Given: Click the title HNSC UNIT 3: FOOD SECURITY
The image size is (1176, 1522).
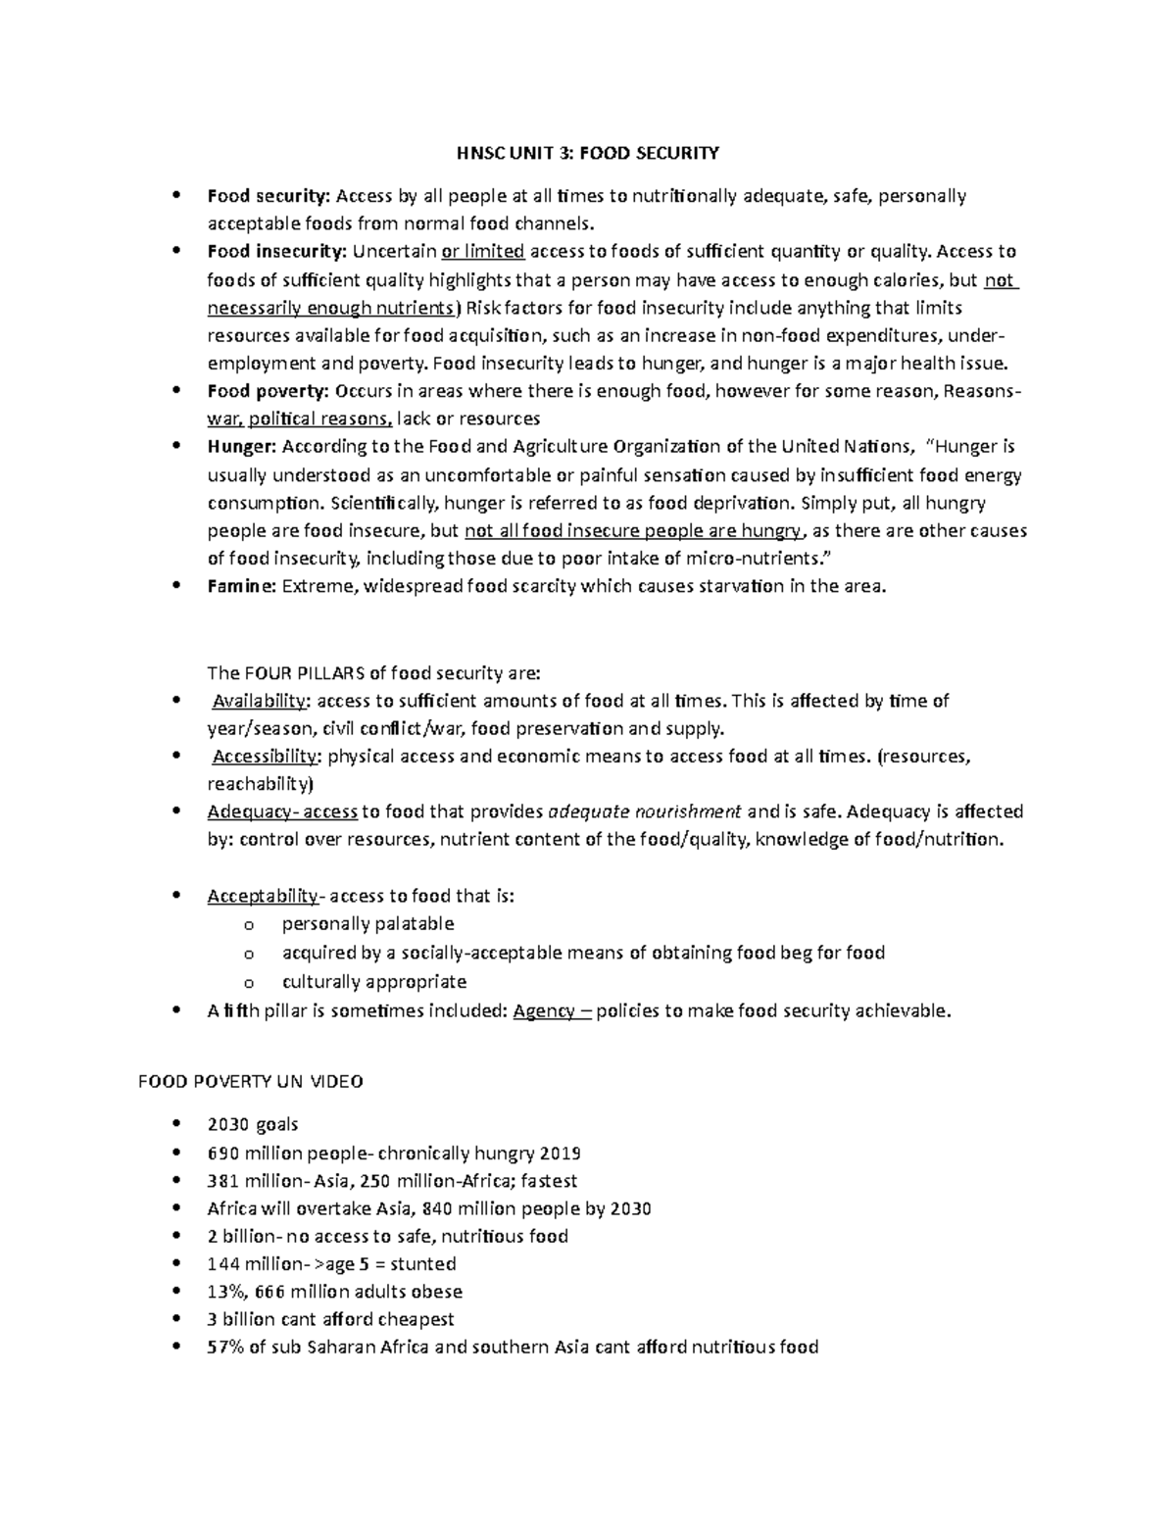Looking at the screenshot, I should tap(587, 153).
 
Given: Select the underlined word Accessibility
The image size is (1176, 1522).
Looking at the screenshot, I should tap(266, 757).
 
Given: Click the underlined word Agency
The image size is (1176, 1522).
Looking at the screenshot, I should tap(544, 1011).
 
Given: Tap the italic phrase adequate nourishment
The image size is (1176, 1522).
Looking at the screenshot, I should tap(644, 811).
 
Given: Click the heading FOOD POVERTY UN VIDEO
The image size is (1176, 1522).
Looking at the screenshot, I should tap(250, 1082).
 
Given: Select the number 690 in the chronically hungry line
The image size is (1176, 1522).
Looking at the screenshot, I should tap(223, 1154).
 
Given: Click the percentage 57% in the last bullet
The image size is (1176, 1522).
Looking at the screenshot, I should tap(225, 1347).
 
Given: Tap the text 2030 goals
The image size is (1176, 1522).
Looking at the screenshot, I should tap(253, 1124).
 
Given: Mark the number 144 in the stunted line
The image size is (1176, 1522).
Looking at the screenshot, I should tap(222, 1264).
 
